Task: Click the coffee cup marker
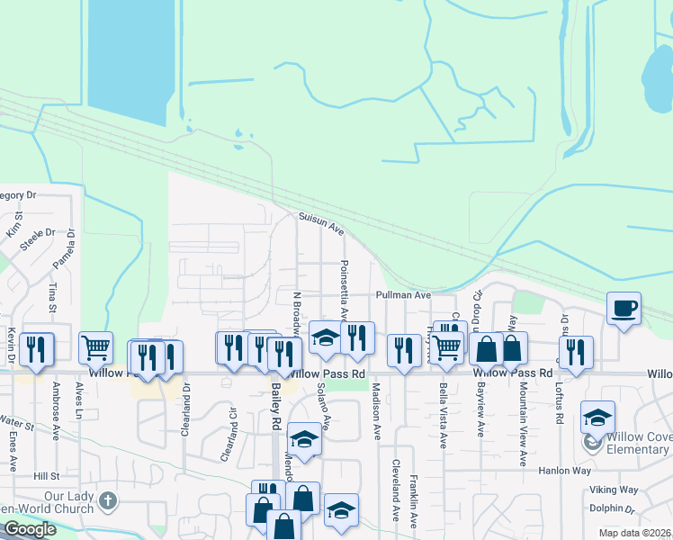624,309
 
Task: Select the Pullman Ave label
403,294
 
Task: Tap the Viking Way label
614,490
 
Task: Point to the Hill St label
46,475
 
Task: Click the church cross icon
108,499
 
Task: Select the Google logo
30,529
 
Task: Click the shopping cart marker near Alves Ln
95,346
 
